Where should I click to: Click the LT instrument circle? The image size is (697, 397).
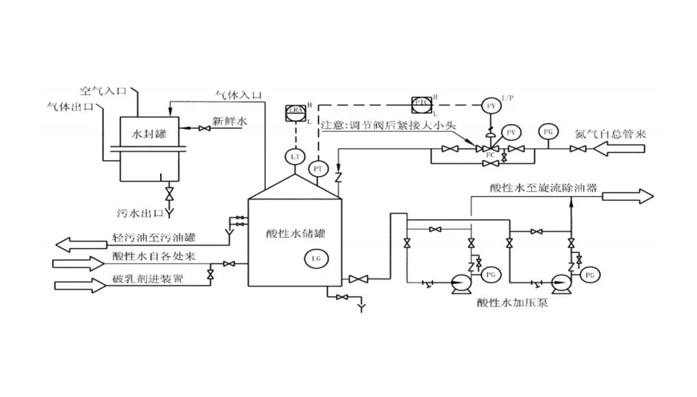(295, 157)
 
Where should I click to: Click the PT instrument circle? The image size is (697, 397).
(318, 169)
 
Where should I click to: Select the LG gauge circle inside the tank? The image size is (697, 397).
(316, 258)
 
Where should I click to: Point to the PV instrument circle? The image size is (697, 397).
(510, 132)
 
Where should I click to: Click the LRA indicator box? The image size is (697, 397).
(295, 112)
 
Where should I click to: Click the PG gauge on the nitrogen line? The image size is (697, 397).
(549, 132)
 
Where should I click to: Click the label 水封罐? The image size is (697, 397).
(149, 134)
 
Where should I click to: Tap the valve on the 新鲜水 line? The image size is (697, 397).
(205, 130)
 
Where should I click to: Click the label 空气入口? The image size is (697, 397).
(103, 91)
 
